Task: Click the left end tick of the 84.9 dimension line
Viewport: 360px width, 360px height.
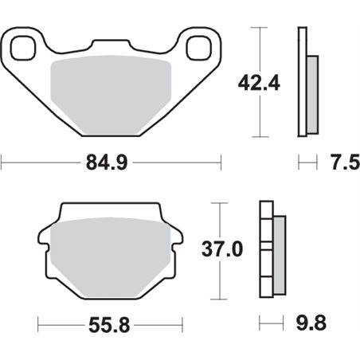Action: (2, 165)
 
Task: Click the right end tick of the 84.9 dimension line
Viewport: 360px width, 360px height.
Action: (221, 165)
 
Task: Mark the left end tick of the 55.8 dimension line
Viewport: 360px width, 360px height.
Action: (37, 327)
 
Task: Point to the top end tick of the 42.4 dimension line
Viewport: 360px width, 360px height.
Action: (257, 27)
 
